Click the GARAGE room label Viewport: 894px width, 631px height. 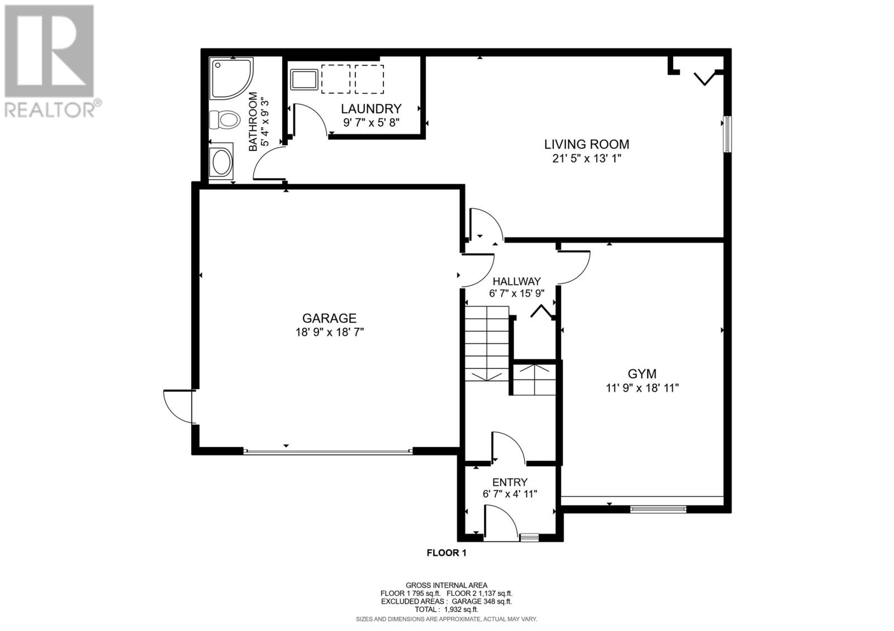pos(329,318)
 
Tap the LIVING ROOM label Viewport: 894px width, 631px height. pos(587,144)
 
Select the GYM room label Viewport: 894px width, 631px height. pos(642,374)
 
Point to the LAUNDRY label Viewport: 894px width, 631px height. pos(371,108)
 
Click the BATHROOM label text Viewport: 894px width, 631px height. pos(253,122)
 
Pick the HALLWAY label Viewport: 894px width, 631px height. pos(517,281)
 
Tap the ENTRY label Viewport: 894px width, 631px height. pos(510,482)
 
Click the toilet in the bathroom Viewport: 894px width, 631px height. pos(224,119)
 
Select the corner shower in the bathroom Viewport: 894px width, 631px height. pos(231,79)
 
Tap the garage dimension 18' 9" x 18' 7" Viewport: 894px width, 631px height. pos(330,332)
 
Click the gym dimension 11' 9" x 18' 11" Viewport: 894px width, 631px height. pos(643,388)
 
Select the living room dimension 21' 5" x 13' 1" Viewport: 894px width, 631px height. pos(587,159)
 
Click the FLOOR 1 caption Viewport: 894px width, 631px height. pos(446,553)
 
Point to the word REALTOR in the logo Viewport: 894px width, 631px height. pos(50,111)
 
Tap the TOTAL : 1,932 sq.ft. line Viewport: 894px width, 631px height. pos(446,609)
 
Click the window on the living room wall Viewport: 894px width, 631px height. pos(727,134)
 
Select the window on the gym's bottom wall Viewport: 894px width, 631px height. pos(658,509)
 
